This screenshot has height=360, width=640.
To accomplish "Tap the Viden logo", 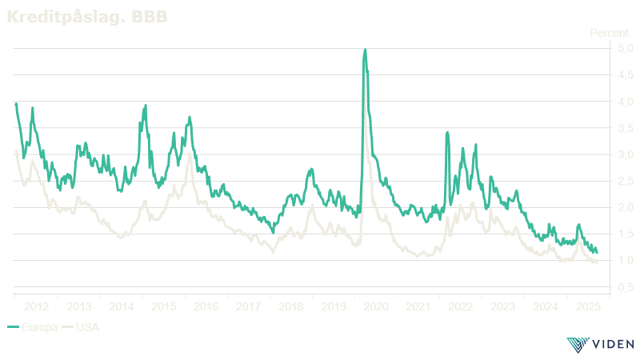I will coord(600,345).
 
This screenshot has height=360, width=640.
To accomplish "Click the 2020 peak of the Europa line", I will coord(365,51).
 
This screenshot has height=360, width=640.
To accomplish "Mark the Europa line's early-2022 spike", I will coord(447,132).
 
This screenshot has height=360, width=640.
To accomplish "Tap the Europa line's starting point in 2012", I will coord(16,103).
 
